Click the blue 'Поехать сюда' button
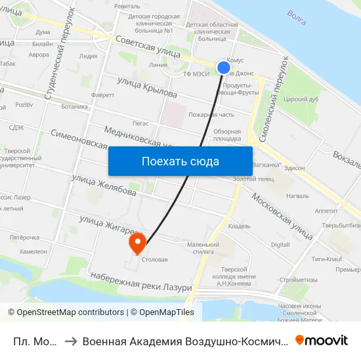(x=180, y=161)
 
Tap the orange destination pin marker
(x=138, y=244)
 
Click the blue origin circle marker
(x=224, y=67)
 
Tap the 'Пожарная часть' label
(x=211, y=115)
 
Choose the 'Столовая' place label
(x=154, y=259)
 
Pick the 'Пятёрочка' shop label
(x=25, y=238)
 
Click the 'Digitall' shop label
(x=280, y=244)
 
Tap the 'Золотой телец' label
(x=248, y=179)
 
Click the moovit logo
(x=322, y=340)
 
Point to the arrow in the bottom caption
(x=70, y=341)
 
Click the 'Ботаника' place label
(x=74, y=106)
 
